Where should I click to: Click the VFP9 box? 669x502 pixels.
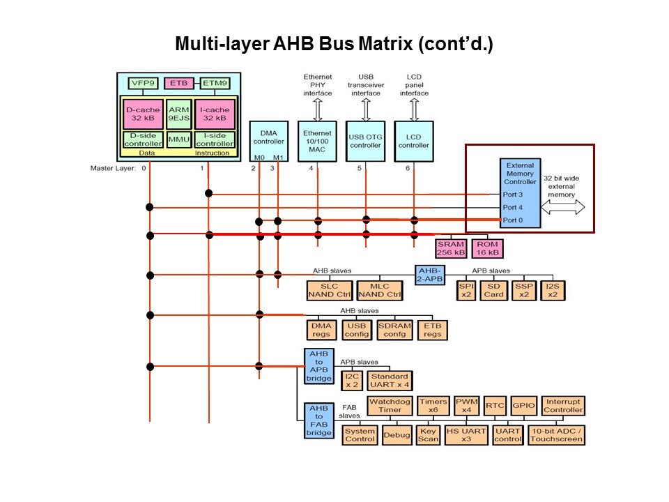(138, 84)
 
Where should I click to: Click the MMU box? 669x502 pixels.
(178, 139)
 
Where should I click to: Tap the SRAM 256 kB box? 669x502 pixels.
(450, 248)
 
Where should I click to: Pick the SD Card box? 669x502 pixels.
(493, 290)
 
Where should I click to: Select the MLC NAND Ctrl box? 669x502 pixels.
(380, 290)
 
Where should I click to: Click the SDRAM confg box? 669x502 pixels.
(394, 330)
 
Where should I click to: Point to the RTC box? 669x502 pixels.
(495, 405)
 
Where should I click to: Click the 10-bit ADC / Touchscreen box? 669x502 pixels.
(556, 435)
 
